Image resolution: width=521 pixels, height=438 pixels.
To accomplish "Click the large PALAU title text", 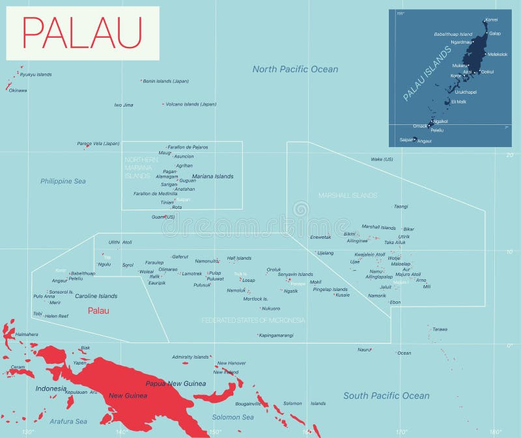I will [x=83, y=32].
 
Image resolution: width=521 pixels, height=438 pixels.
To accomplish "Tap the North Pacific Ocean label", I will [x=295, y=69].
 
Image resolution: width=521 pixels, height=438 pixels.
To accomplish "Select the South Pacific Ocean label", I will [x=386, y=395].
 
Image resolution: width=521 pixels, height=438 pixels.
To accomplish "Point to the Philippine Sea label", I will [x=63, y=181].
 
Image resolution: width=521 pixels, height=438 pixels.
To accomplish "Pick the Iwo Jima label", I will [x=124, y=105].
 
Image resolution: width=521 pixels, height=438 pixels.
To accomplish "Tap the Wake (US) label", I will [x=382, y=159].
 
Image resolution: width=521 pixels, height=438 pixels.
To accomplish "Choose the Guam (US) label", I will [x=163, y=217].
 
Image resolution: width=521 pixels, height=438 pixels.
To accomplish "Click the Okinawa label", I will [x=18, y=90].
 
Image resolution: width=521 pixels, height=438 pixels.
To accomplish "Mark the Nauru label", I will [x=364, y=349].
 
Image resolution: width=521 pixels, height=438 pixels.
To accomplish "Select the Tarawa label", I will [x=440, y=329].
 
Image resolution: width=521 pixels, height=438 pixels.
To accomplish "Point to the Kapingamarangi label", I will [x=276, y=335].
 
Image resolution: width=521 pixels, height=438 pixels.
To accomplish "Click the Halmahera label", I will [x=27, y=334].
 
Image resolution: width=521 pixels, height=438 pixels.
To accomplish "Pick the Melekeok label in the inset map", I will [x=498, y=54].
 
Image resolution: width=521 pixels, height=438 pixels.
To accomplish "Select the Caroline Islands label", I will [x=96, y=296].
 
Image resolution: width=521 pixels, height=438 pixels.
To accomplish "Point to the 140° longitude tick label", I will [x=121, y=431].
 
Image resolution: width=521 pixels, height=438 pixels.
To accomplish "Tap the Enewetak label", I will [x=320, y=237].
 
